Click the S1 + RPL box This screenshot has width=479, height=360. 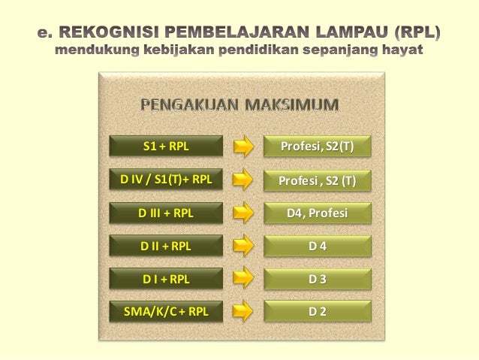(x=166, y=146)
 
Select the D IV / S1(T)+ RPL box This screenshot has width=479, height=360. (x=166, y=180)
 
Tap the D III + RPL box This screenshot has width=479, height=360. (x=166, y=213)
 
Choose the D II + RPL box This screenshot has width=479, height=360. (x=166, y=246)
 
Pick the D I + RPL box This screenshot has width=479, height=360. (x=166, y=279)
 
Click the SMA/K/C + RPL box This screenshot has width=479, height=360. (x=166, y=311)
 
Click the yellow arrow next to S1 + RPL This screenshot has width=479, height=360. (x=243, y=146)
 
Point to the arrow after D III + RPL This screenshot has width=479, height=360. (x=243, y=213)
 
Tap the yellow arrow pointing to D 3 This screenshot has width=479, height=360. (x=243, y=279)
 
